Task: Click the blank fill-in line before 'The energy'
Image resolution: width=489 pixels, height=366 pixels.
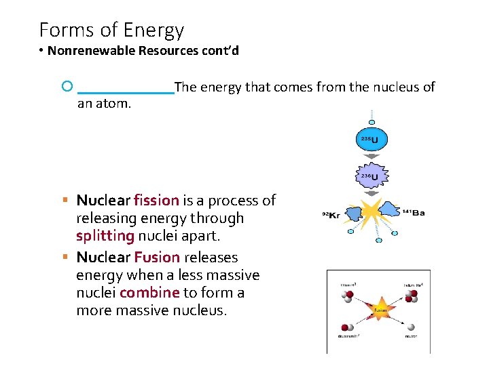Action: tap(126, 91)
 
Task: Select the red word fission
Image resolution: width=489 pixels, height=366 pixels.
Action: tap(156, 201)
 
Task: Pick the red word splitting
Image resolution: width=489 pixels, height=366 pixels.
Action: tap(105, 236)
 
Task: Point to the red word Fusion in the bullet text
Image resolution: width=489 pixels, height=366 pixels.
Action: tap(157, 258)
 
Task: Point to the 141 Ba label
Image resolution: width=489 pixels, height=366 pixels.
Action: tap(414, 213)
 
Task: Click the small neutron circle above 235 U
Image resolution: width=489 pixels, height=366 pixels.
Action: tap(372, 122)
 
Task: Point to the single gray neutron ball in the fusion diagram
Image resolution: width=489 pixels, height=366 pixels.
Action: tap(411, 327)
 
